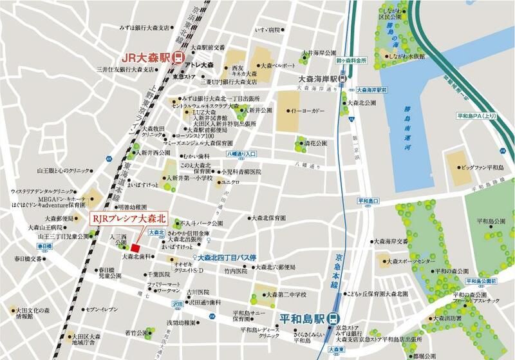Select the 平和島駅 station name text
(x=300, y=317)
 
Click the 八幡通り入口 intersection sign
(x=241, y=155)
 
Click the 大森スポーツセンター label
(x=409, y=262)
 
